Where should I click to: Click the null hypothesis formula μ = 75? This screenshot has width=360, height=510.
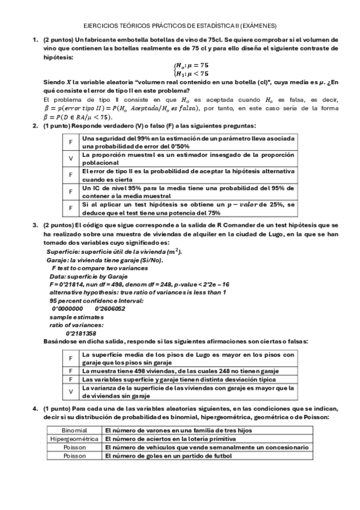click(x=192, y=65)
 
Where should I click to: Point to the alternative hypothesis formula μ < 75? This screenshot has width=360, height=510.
click(x=192, y=73)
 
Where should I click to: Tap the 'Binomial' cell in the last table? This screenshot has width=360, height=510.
click(x=75, y=431)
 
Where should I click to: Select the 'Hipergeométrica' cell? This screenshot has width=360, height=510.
click(x=75, y=439)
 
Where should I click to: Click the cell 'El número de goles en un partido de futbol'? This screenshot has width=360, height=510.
click(x=168, y=456)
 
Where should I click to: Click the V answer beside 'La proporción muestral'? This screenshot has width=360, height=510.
click(x=71, y=158)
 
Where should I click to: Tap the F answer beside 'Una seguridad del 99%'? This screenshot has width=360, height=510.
click(x=71, y=142)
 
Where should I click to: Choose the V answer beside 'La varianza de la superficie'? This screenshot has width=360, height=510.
click(x=71, y=392)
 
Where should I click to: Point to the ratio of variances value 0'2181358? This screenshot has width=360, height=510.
click(x=81, y=333)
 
